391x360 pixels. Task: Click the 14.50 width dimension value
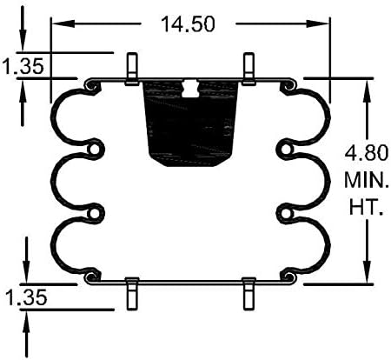pos(188,23)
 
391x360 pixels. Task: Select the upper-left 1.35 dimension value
pos(23,66)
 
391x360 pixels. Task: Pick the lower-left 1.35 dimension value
pos(26,297)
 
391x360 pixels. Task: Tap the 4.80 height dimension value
pos(366,152)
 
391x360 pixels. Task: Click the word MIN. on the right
pos(366,180)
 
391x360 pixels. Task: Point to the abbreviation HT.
pos(367,207)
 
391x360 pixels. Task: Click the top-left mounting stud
pos(132,69)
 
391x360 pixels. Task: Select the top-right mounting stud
pos(249,69)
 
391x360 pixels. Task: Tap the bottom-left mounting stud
pos(132,293)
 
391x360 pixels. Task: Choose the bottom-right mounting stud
pos(249,293)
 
